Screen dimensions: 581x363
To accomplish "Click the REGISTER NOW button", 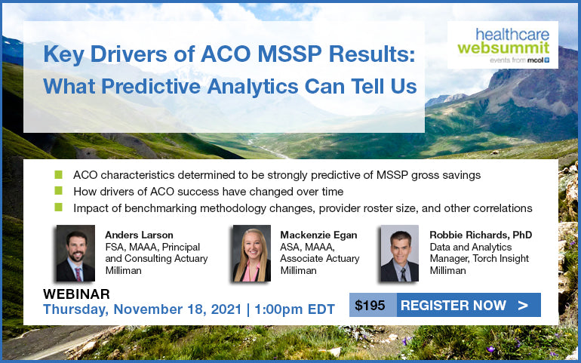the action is (469, 305).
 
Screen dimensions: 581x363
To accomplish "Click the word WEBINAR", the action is (76, 294).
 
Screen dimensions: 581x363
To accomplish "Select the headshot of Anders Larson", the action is (75, 254).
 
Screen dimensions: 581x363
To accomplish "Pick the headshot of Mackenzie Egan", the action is (252, 254).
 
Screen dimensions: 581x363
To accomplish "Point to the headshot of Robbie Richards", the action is (400, 254).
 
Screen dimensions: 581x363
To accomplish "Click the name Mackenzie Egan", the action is (318, 235).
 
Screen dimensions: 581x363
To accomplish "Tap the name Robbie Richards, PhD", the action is (481, 235).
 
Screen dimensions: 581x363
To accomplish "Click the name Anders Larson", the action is (139, 235).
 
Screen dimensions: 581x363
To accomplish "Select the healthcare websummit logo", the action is (503, 45).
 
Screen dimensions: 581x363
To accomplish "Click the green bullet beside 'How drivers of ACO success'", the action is (58, 191).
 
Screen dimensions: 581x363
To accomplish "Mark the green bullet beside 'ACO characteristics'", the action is (58, 174).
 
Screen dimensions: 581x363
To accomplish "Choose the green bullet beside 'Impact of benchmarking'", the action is (58, 208).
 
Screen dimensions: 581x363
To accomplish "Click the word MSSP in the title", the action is (290, 54).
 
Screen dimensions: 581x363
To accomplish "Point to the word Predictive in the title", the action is (151, 86).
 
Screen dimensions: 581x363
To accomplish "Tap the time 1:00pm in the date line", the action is (278, 309).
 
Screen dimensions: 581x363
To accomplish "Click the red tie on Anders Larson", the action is (78, 274).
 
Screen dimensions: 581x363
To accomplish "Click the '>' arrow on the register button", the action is (523, 305).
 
